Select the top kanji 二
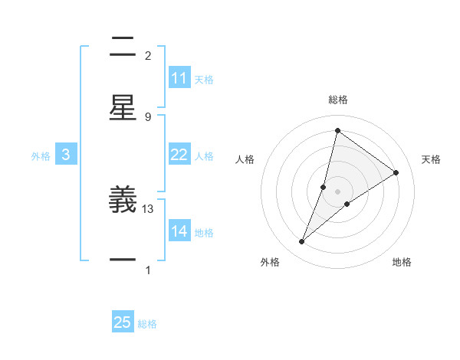click(123, 47)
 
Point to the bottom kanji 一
click(123, 260)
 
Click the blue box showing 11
click(179, 78)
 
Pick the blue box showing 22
click(179, 155)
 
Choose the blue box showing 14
click(179, 231)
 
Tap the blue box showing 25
click(123, 322)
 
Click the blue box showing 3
click(66, 155)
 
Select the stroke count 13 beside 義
click(148, 208)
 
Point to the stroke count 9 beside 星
click(148, 116)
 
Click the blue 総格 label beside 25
click(147, 324)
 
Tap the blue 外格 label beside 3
click(41, 155)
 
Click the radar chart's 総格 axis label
click(337, 100)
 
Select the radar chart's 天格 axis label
click(431, 159)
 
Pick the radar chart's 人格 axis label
click(245, 159)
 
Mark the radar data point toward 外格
click(302, 242)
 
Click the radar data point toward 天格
click(396, 172)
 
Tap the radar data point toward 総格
click(337, 130)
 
